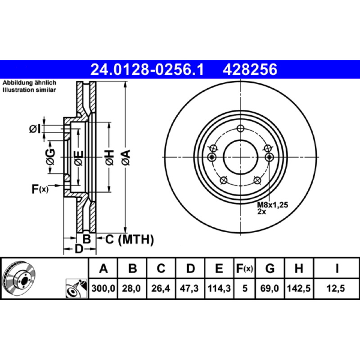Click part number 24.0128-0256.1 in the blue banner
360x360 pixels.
coord(147,70)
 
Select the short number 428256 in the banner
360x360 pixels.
coord(250,70)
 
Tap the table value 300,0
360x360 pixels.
coord(103,288)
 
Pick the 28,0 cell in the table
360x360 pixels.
coord(131,288)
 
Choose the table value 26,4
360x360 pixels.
coord(161,288)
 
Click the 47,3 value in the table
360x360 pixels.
coord(189,288)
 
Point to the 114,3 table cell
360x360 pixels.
coord(219,288)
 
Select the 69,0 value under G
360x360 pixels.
coord(270,288)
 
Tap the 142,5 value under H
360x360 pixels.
coord(299,288)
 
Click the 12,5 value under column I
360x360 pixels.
coord(336,288)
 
